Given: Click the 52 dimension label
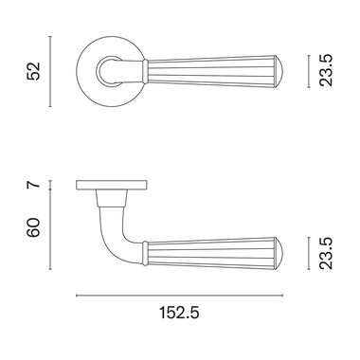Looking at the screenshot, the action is pos(34,71).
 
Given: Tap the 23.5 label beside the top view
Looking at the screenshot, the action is pos(326,71).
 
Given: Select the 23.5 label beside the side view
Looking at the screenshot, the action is pos(326,254).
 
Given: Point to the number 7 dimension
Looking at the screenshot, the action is pos(34,185).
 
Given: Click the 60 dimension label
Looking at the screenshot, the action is pos(34,227).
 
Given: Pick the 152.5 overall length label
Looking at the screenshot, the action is pos(179,313).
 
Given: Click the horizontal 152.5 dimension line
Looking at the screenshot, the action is pos(180,296).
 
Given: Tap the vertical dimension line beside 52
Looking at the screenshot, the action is pos(50,71).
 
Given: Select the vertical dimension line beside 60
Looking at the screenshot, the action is pos(50,229).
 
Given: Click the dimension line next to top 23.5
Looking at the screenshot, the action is pos(309,71).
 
